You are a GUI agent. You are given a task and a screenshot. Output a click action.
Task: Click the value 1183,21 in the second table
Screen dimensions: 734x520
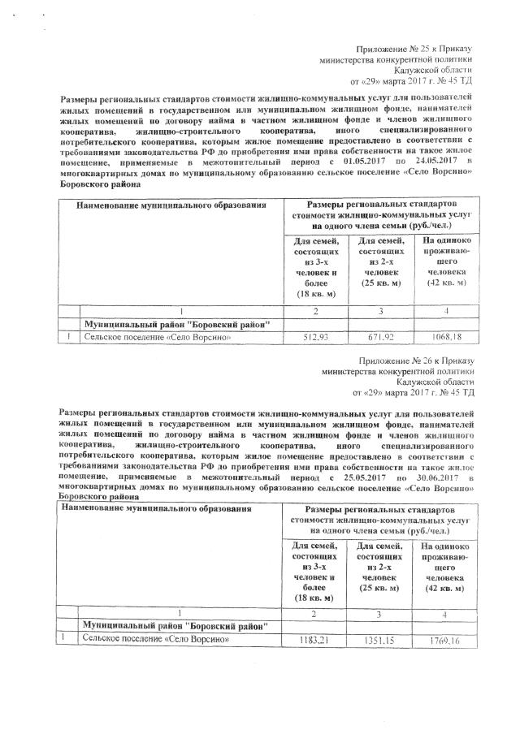coord(317,641)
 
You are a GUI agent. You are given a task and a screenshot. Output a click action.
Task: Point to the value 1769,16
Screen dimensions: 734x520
coord(442,641)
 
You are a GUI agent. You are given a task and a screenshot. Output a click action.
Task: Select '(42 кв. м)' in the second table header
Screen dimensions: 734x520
coord(442,587)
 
